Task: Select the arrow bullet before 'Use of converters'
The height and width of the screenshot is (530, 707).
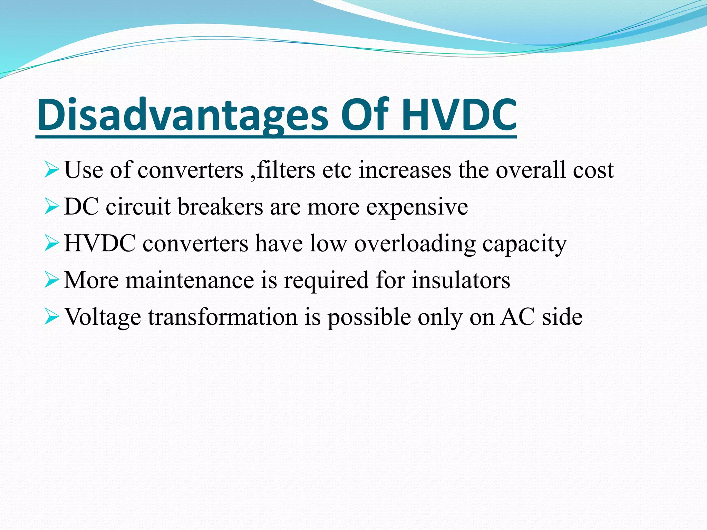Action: pos(52,171)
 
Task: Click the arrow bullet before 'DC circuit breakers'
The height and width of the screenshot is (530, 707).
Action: pos(52,207)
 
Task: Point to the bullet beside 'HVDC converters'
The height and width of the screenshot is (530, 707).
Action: pos(52,244)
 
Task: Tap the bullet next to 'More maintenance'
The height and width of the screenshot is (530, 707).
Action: pos(52,281)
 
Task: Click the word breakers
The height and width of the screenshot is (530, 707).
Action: pos(220,207)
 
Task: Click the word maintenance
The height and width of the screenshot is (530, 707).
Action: pos(190,280)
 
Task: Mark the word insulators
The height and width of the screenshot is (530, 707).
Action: pos(461,280)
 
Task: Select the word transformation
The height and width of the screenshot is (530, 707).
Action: pos(223,317)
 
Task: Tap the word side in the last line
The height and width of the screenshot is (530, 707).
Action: pos(562,317)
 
